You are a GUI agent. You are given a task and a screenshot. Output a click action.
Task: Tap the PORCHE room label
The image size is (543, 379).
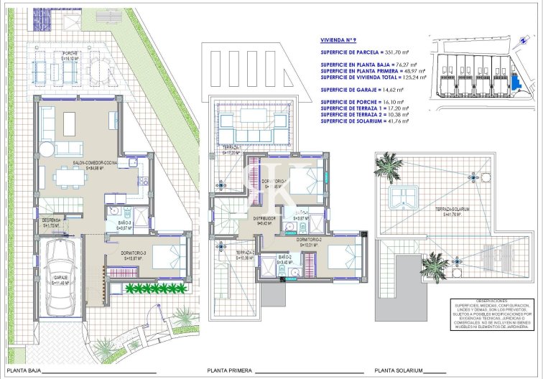click(70, 55)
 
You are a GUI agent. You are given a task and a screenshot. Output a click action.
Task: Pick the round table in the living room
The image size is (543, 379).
click(46, 149)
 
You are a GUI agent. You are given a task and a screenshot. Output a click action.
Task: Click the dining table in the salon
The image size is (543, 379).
click(75, 122)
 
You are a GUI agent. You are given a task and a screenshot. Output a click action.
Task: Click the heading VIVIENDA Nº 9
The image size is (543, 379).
click(343, 41)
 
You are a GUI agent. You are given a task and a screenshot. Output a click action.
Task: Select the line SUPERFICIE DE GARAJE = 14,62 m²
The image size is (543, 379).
click(363, 90)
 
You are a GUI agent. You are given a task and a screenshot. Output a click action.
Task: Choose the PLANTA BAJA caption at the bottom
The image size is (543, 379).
click(23, 371)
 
